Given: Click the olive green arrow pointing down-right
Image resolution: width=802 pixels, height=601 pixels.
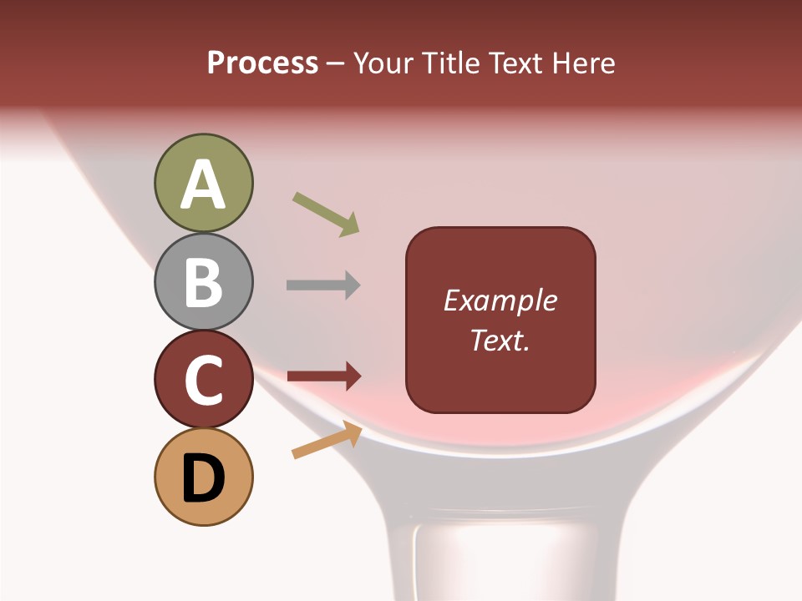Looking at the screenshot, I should pos(326,214).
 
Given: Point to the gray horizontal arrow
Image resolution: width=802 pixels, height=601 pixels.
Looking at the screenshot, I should pos(323,285).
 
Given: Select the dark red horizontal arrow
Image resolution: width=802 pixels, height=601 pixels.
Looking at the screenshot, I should pos(323,376).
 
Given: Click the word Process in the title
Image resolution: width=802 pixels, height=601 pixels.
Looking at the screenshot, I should pos(262,63).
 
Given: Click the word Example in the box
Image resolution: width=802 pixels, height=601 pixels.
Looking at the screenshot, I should pos(500,300).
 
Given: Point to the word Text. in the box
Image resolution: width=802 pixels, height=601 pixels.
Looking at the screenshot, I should pos(500,340).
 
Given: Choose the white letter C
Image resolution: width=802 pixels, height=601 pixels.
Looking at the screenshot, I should pos(204,380).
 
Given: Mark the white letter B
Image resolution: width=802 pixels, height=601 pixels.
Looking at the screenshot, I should pos(204,282).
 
